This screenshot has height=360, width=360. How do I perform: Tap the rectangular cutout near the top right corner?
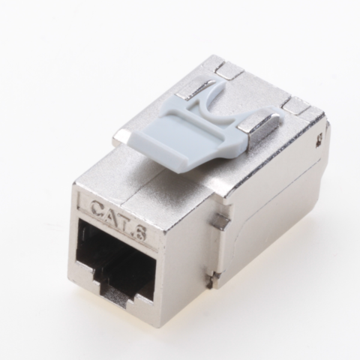pyautogui.click(x=296, y=105)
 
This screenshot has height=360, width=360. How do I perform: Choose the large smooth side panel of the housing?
pyautogui.click(x=262, y=217)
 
